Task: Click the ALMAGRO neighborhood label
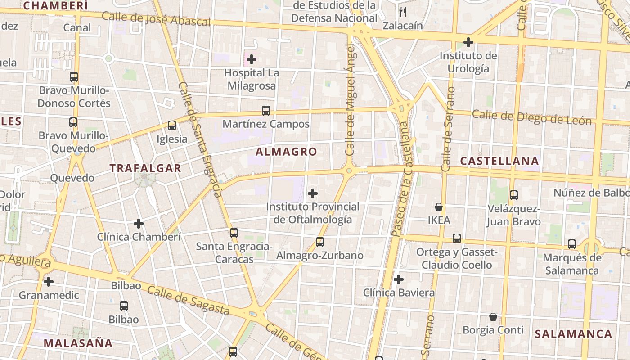point(286,152)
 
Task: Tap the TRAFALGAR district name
point(145,169)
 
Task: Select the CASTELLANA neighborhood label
point(499,161)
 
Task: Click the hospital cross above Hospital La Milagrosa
point(252,59)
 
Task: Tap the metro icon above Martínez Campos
point(266,110)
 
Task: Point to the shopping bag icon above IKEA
point(439,207)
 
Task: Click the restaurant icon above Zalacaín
point(403,12)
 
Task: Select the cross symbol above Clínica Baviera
point(399,279)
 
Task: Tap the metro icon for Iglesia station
point(171,126)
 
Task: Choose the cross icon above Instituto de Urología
point(468,43)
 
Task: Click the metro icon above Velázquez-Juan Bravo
point(513,195)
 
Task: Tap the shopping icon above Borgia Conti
point(493,317)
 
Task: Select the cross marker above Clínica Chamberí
point(139,223)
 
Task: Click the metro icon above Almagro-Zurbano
point(320,242)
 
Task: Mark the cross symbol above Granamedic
point(49,282)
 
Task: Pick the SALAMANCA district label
point(573,334)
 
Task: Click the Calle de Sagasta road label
point(189,300)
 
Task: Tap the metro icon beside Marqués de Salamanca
point(572,244)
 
